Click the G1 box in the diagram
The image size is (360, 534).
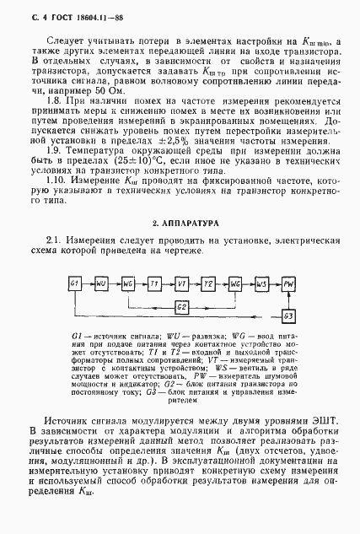[x=74, y=283]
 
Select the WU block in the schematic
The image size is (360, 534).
[x=101, y=283]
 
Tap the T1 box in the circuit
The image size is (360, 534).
[x=154, y=283]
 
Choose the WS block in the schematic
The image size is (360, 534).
[x=261, y=283]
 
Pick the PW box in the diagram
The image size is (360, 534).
[x=288, y=283]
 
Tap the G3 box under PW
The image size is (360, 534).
[x=288, y=316]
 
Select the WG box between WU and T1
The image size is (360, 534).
[x=128, y=283]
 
